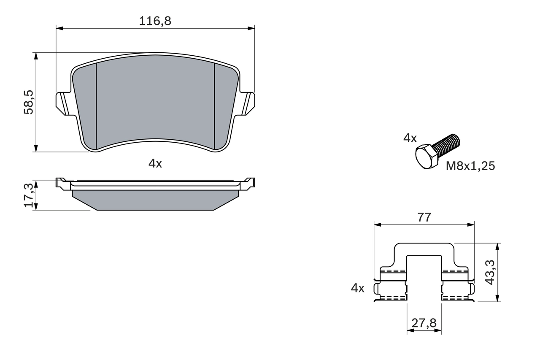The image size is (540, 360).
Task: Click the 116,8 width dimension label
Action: (155, 21)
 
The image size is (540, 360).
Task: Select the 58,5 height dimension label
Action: (29, 102)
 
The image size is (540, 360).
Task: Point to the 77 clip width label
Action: (424, 218)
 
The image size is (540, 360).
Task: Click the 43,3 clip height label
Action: (490, 272)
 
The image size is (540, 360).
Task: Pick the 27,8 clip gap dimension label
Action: (424, 324)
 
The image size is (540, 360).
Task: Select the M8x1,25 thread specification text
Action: (470, 166)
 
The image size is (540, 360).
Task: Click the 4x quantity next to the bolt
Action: (410, 138)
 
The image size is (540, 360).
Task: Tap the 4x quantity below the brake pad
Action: (155, 163)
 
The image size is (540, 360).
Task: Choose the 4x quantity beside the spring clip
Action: (357, 288)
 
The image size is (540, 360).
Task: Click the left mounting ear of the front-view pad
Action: (62, 103)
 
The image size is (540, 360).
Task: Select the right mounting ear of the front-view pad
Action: (248, 103)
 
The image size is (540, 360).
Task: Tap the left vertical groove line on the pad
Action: (97, 106)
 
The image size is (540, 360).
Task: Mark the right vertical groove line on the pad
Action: (215, 106)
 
